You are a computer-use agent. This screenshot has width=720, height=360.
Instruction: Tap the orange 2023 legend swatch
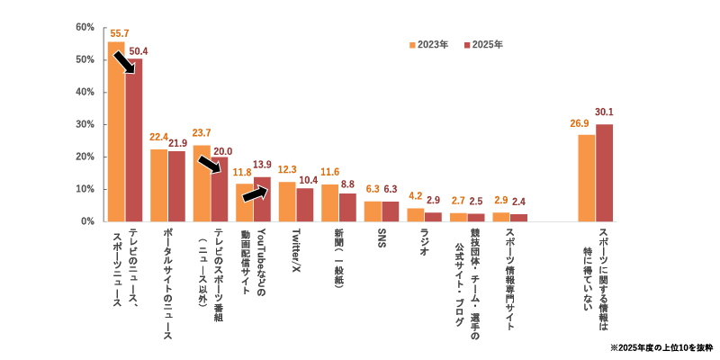pyautogui.click(x=412, y=45)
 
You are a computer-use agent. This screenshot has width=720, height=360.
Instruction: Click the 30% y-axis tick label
pyautogui.click(x=85, y=124)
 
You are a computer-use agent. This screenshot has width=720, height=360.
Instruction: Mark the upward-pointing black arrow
pyautogui.click(x=255, y=193)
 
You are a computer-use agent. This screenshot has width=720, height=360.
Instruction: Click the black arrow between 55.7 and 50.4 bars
pyautogui.click(x=123, y=62)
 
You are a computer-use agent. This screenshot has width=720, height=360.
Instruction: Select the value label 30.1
pyautogui.click(x=604, y=112)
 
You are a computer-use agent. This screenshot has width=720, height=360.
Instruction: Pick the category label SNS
pyautogui.click(x=382, y=238)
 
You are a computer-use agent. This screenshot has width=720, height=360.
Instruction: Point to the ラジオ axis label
pyautogui.click(x=424, y=241)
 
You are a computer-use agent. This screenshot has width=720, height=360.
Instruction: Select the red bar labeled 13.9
pyautogui.click(x=263, y=199)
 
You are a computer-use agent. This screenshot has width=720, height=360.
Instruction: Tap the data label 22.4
pyautogui.click(x=158, y=137)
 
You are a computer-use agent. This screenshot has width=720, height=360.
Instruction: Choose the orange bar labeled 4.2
pyautogui.click(x=415, y=214)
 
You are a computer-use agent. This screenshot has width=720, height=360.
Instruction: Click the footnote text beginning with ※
pyautogui.click(x=661, y=347)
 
